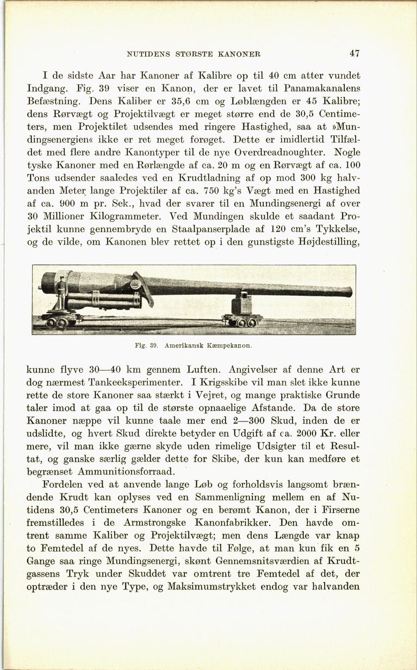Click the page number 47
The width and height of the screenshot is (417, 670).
click(354, 53)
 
